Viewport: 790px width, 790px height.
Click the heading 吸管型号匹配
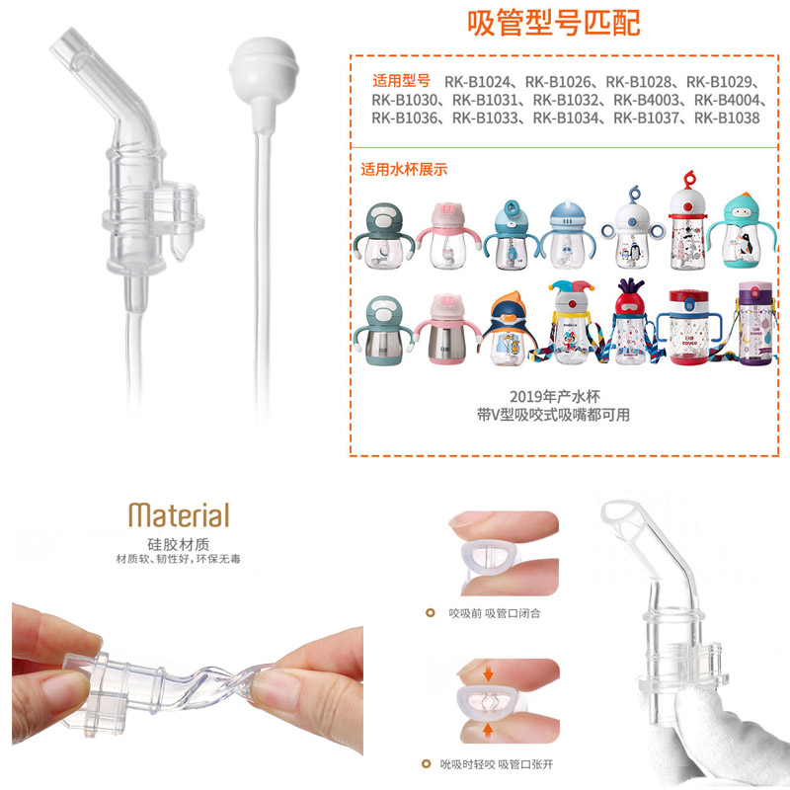(x=554, y=23)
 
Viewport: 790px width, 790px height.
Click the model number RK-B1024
(x=477, y=82)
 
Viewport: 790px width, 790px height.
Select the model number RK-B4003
(x=646, y=100)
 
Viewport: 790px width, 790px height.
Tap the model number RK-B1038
(x=727, y=118)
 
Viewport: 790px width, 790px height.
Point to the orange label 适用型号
(x=402, y=81)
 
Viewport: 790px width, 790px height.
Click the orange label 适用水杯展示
(x=404, y=169)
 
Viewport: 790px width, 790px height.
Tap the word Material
(x=179, y=514)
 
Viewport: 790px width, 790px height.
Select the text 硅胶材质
(x=179, y=544)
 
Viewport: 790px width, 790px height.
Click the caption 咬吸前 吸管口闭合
(x=495, y=613)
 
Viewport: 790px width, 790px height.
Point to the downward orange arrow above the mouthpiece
(x=488, y=674)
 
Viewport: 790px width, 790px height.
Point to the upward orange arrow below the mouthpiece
(x=488, y=731)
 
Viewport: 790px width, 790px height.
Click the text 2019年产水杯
(x=554, y=397)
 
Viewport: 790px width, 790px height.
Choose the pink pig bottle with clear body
(x=447, y=236)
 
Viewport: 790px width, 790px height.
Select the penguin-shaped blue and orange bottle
(x=509, y=329)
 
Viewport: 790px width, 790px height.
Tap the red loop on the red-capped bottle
(x=688, y=179)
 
